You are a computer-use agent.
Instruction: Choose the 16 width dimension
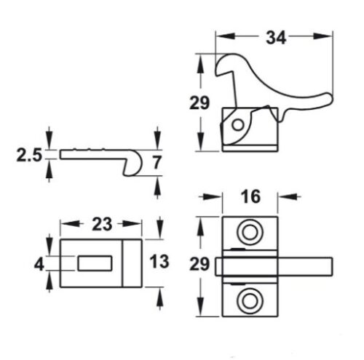point(250,197)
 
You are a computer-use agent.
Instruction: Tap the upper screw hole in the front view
point(250,232)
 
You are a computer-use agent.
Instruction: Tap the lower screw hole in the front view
point(250,300)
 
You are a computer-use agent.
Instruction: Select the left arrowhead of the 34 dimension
point(219,34)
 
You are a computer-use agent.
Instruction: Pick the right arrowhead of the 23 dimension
point(141,225)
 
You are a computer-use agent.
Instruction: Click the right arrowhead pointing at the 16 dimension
point(284,196)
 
